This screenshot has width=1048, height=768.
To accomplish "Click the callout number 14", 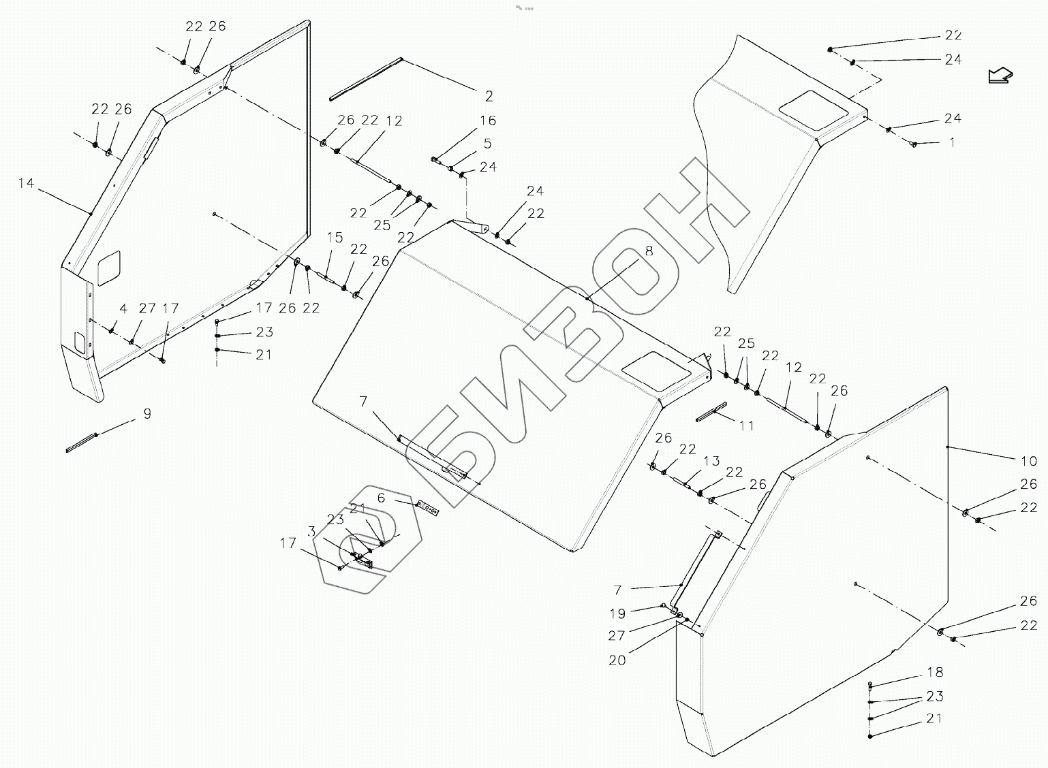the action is point(26,183).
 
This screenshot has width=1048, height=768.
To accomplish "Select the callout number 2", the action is point(489,96).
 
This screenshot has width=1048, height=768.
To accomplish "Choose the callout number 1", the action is point(952,143).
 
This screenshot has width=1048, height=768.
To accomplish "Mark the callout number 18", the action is point(935,673).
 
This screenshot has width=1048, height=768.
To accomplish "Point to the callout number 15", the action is point(335,238).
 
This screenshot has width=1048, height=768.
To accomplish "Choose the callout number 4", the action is point(123,308).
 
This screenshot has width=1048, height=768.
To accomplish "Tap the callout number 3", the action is point(311,531).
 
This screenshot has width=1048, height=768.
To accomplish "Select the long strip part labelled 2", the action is point(367,79).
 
